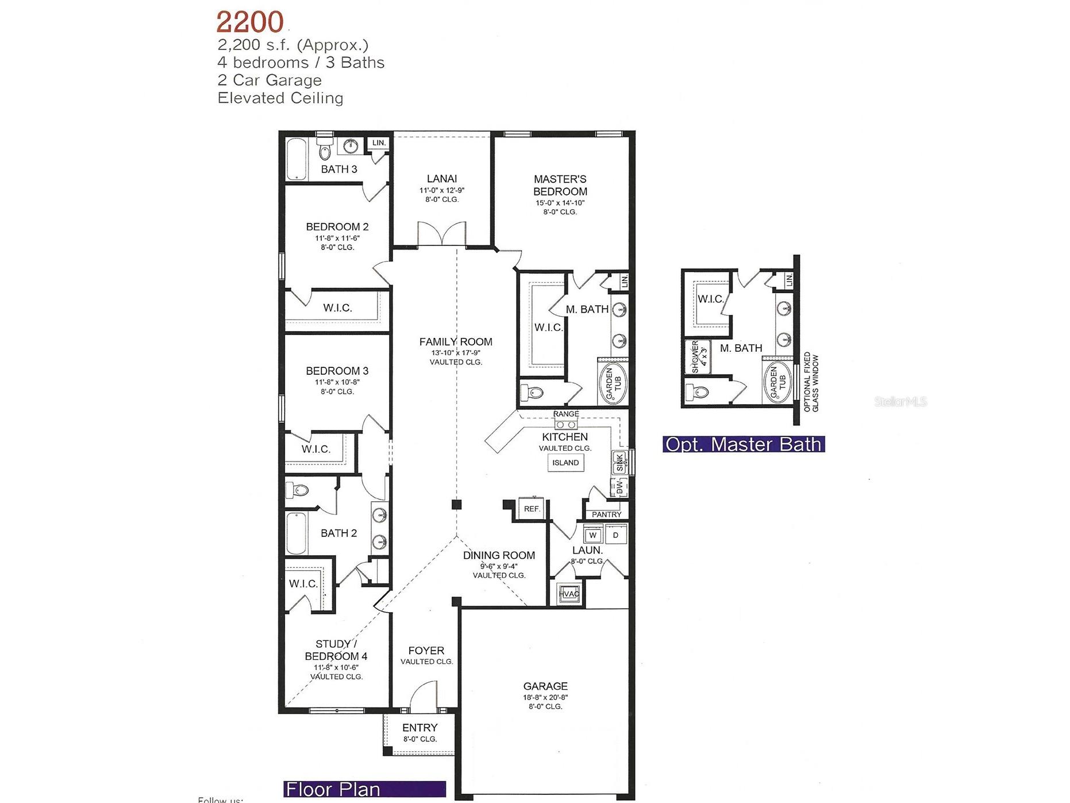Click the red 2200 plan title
tap(250, 22)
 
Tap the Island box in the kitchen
tap(565, 463)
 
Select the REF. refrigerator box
tap(532, 509)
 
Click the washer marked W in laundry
tap(593, 535)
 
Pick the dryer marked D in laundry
tap(615, 535)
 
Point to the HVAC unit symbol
tap(569, 594)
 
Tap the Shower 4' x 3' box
tap(698, 357)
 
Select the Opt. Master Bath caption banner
tap(744, 444)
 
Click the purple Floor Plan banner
tap(364, 789)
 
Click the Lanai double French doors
tap(442, 234)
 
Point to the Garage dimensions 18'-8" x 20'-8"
tap(545, 697)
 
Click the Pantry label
tap(606, 514)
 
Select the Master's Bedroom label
tap(560, 185)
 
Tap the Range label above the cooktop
tap(566, 414)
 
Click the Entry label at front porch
tap(419, 728)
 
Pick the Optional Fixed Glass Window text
tap(811, 382)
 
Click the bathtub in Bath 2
tap(297, 533)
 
